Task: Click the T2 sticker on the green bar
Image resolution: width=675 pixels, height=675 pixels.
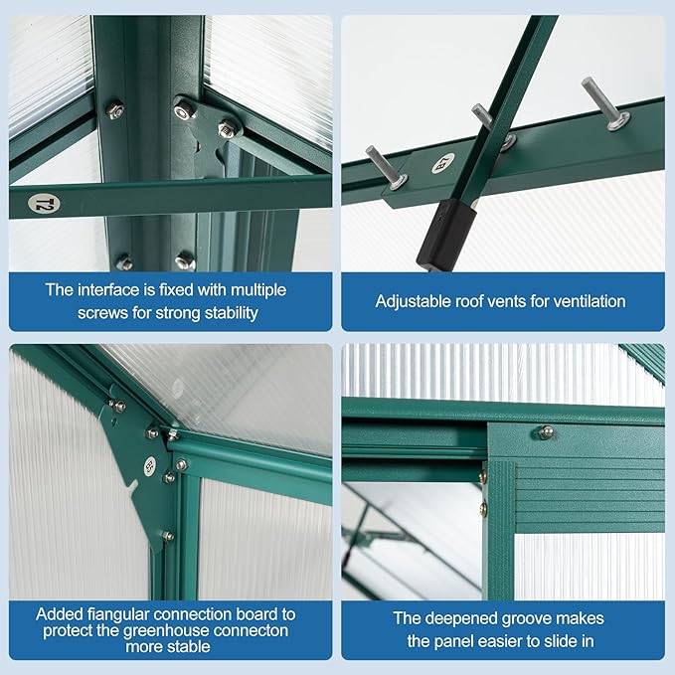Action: tap(44, 204)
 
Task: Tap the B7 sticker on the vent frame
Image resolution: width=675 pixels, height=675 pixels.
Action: tap(443, 163)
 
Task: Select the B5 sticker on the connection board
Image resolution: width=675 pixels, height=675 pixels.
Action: tap(150, 466)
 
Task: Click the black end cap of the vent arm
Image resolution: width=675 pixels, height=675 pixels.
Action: tap(446, 234)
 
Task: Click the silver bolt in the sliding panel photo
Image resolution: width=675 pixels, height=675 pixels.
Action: tap(545, 432)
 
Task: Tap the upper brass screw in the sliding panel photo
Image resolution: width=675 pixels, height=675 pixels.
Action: tap(483, 475)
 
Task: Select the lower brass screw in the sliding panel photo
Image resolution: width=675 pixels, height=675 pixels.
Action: tap(483, 508)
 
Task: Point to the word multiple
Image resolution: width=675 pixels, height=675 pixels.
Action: tap(258, 290)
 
